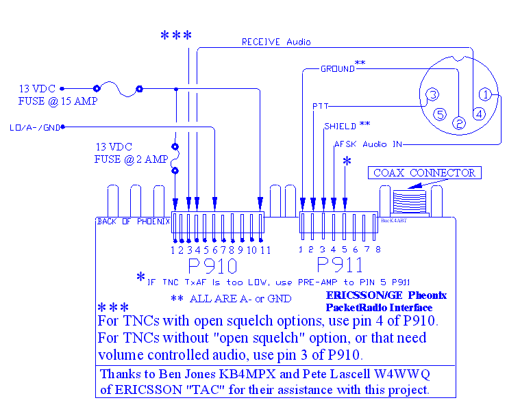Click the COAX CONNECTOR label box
point(424,173)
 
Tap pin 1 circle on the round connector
point(484,94)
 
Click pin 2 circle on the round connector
point(459,122)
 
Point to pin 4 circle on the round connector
point(479,114)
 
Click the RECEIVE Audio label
point(276,42)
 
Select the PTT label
point(320,107)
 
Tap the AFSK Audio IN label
point(368,144)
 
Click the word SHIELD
point(340,126)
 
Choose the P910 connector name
point(212,266)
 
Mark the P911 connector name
point(340,266)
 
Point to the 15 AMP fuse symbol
point(118,88)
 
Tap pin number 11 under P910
point(265,250)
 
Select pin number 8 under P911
point(377,250)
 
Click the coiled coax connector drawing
point(410,202)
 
